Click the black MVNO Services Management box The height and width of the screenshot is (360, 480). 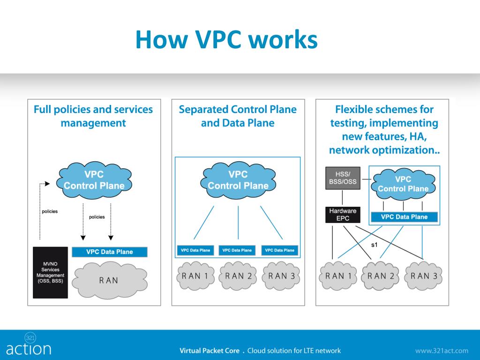50,272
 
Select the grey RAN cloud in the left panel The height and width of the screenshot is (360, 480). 109,280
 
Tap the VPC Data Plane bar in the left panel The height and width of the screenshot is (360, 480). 109,252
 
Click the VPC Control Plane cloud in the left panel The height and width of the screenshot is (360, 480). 94,180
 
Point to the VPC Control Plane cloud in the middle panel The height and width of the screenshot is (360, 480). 238,180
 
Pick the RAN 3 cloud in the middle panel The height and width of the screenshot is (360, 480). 281,276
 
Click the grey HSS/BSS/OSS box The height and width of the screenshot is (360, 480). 342,178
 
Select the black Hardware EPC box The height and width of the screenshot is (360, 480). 342,215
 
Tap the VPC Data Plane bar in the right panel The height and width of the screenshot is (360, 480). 404,217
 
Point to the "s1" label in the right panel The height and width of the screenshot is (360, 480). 375,245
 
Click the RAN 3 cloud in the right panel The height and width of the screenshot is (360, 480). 424,276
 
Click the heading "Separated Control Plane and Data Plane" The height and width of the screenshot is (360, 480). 238,116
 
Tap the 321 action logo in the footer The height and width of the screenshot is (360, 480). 29,345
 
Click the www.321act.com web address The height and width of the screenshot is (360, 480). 442,351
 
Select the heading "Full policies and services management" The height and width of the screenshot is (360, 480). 93,116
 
